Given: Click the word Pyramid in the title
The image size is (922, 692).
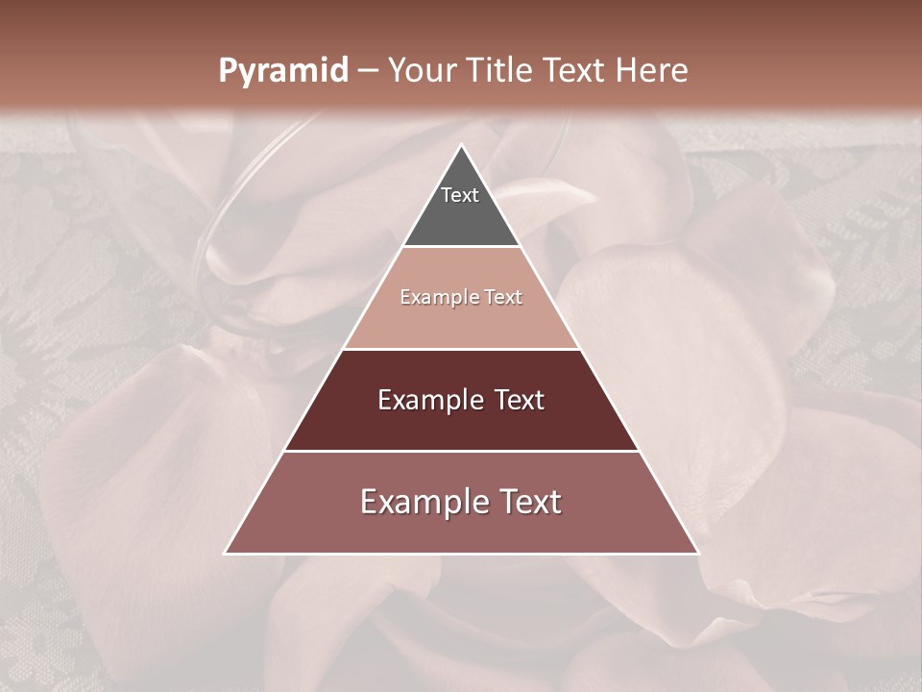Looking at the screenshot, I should click(x=282, y=71).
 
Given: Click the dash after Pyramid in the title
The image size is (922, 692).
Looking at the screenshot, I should click(x=367, y=71).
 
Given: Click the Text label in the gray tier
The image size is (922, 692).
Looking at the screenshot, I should click(x=460, y=195).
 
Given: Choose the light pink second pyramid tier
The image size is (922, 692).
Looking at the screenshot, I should click(x=461, y=317).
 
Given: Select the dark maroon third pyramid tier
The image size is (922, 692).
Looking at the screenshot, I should click(x=461, y=423).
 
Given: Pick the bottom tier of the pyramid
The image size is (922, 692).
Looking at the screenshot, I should click(x=461, y=529).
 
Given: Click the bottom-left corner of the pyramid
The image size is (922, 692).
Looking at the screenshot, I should click(x=226, y=553).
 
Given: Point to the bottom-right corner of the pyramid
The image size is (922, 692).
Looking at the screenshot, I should click(x=697, y=553).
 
